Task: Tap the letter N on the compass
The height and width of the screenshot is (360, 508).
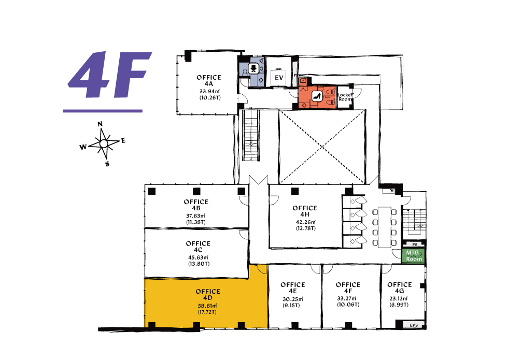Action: pos(100,124)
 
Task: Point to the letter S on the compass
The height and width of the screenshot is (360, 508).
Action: pos(107,164)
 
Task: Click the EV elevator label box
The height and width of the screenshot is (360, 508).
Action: pos(279,78)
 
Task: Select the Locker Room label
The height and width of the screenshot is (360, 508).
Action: pos(345,97)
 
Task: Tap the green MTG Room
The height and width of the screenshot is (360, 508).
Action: pos(414,255)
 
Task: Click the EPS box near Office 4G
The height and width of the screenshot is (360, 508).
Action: pos(414,325)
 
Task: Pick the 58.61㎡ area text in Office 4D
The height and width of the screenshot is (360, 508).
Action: pos(207,306)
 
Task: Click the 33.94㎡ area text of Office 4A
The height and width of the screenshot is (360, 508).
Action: pos(209,91)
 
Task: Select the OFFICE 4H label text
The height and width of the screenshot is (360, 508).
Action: pos(305,211)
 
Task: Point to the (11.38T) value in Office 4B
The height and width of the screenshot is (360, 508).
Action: pos(196,222)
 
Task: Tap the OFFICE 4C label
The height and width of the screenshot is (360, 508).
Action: pos(198,247)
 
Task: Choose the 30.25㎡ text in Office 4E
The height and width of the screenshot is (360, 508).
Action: pos(292,299)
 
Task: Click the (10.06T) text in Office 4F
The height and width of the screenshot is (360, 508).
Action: pos(348,305)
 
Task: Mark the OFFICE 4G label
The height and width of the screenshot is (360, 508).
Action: pos(400,287)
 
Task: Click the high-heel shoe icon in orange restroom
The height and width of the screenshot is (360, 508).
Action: pos(317,96)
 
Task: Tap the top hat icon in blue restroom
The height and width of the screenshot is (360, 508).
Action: pos(253,68)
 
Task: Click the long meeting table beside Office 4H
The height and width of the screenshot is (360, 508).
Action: pos(385,227)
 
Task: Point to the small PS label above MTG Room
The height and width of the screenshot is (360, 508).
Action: pos(414,244)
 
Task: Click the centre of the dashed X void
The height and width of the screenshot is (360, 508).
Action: pos(322,147)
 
